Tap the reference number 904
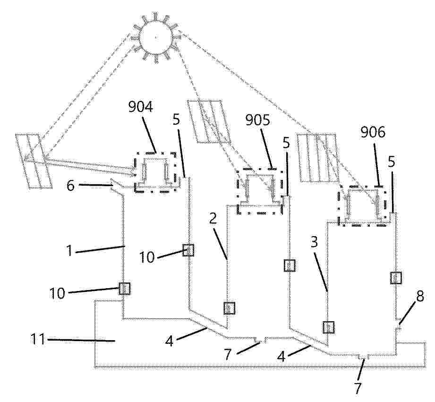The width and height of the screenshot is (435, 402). tap(141, 107)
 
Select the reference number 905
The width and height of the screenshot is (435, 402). tap(258, 120)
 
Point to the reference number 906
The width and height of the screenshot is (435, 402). tap(373, 132)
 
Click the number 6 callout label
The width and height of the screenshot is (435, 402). tap(70, 185)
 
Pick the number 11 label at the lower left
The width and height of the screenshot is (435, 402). tap(38, 339)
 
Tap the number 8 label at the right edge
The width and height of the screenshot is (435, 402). tap(420, 297)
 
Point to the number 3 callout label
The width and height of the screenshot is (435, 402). tap(314, 242)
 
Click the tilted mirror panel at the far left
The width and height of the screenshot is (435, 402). tap(34, 161)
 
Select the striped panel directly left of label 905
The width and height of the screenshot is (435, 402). tap(209, 121)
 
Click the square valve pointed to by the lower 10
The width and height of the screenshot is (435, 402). tap(125, 289)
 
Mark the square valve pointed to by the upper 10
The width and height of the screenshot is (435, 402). tap(188, 250)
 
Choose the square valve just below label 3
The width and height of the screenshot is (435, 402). tap(328, 327)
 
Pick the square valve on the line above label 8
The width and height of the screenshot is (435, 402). tap(396, 278)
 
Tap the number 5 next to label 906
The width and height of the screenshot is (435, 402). tap(391, 163)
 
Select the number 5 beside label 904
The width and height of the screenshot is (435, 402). tap(176, 120)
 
